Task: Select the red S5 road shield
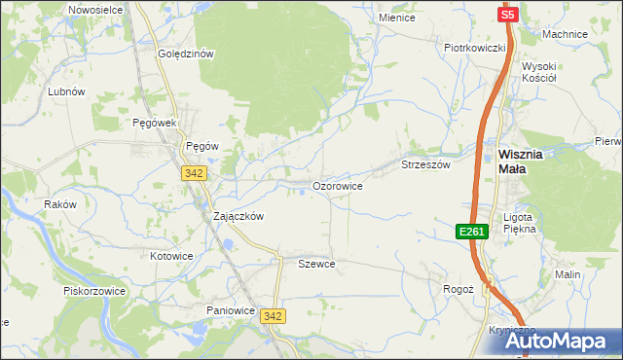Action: click(508, 15)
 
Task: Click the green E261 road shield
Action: click(471, 231)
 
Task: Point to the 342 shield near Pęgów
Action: click(192, 172)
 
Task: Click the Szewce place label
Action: click(316, 264)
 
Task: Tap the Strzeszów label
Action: click(425, 165)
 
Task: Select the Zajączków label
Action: click(238, 217)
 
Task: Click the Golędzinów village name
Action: click(185, 54)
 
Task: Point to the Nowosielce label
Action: click(94, 9)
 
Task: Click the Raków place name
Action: click(59, 205)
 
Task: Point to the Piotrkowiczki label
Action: click(474, 47)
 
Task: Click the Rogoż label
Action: click(458, 289)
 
